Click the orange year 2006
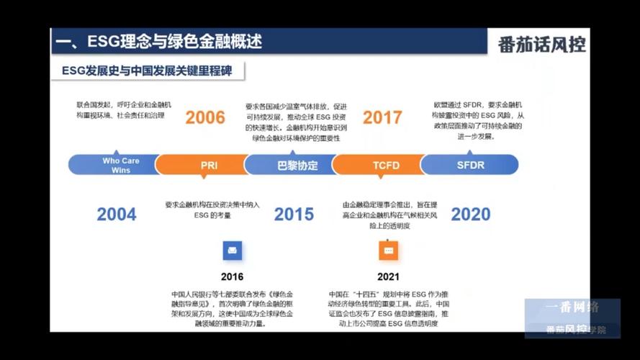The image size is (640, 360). [x=205, y=117]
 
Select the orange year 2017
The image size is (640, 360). [x=382, y=117]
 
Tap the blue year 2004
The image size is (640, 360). [x=117, y=214]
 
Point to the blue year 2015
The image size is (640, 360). [x=294, y=214]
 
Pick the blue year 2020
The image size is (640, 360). [x=471, y=214]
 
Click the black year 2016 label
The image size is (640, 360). [x=232, y=276]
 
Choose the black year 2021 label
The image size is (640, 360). [x=388, y=276]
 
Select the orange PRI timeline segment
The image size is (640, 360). [x=209, y=165]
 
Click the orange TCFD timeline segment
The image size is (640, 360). [x=386, y=165]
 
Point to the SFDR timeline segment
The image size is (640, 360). [x=471, y=165]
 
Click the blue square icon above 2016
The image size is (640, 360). [x=232, y=250]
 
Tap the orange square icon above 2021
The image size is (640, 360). [x=388, y=250]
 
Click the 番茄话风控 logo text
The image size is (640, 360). [x=541, y=45]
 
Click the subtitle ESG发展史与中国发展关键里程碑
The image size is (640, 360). [x=148, y=71]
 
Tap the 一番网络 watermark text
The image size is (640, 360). [x=572, y=307]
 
